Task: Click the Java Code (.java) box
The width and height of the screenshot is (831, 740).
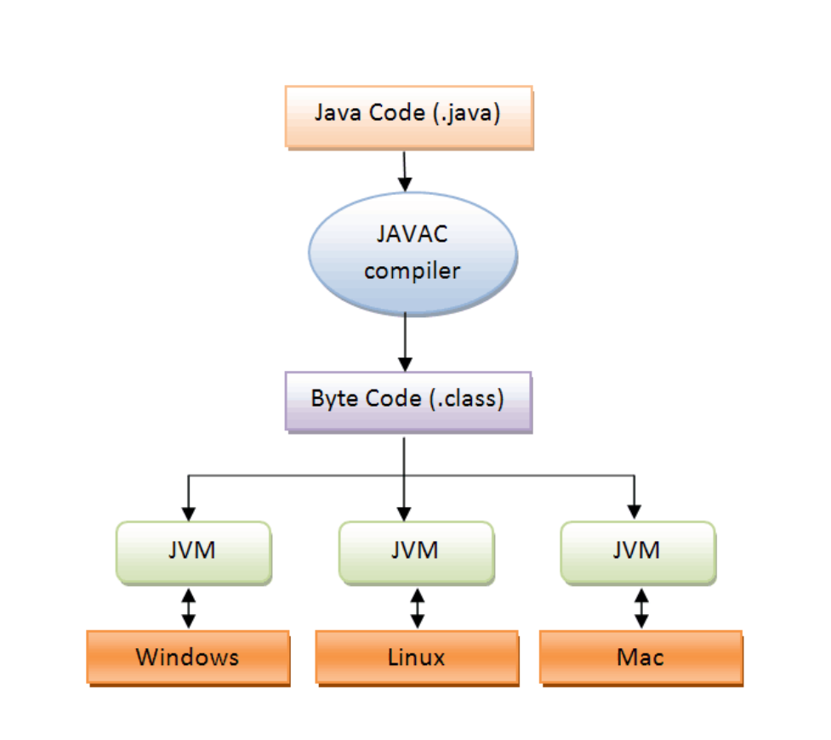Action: [409, 117]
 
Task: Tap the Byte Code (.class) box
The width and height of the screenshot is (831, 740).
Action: [408, 401]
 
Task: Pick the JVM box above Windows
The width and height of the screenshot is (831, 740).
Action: [193, 552]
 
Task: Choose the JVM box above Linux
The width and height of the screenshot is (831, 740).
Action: [416, 552]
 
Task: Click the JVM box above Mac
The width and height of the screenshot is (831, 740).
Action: [638, 552]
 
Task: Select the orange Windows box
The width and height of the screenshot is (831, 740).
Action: [188, 657]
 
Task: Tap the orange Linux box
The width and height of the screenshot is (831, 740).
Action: [417, 657]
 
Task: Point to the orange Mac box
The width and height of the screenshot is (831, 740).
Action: [641, 657]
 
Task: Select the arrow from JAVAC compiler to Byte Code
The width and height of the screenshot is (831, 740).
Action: [405, 340]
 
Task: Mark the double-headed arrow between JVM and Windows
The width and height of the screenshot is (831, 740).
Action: [189, 608]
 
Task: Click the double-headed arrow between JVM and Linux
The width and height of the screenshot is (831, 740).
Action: [417, 608]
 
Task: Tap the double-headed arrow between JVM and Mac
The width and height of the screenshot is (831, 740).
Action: [642, 608]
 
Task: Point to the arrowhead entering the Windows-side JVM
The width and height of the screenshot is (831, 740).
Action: [189, 513]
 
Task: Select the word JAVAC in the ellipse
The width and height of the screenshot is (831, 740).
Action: [412, 234]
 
